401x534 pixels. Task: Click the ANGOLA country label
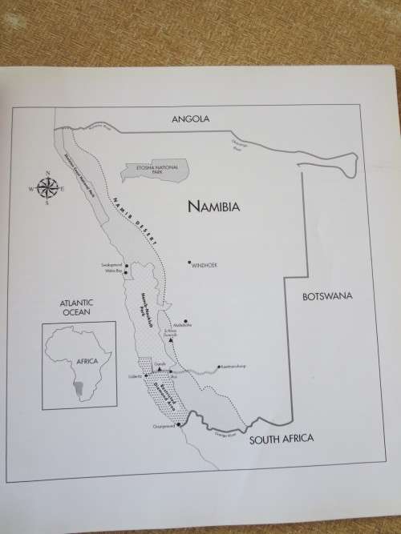click(190, 119)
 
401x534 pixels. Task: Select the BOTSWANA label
click(326, 296)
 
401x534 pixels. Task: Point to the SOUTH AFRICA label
click(280, 440)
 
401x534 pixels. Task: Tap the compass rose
click(47, 189)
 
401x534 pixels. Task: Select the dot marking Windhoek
click(189, 262)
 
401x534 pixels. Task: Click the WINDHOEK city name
click(205, 264)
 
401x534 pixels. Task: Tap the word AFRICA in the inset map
click(86, 361)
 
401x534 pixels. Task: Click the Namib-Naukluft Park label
click(147, 309)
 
